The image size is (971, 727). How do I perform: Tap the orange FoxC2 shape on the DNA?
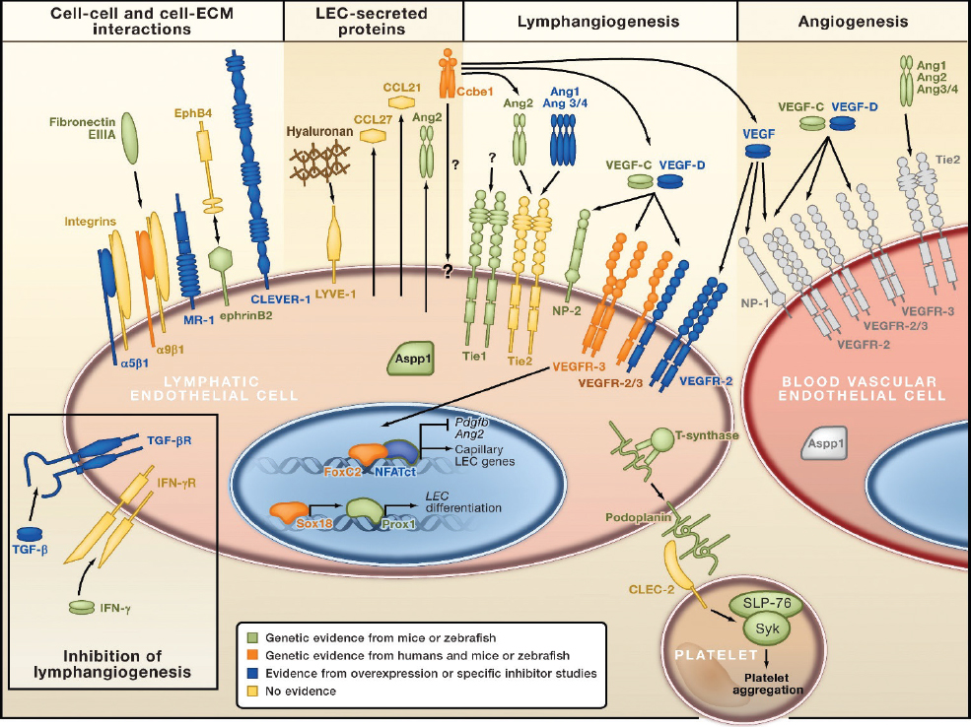(367, 455)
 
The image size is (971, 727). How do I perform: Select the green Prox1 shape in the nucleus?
(364, 513)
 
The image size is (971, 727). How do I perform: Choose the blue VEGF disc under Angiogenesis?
(758, 151)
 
